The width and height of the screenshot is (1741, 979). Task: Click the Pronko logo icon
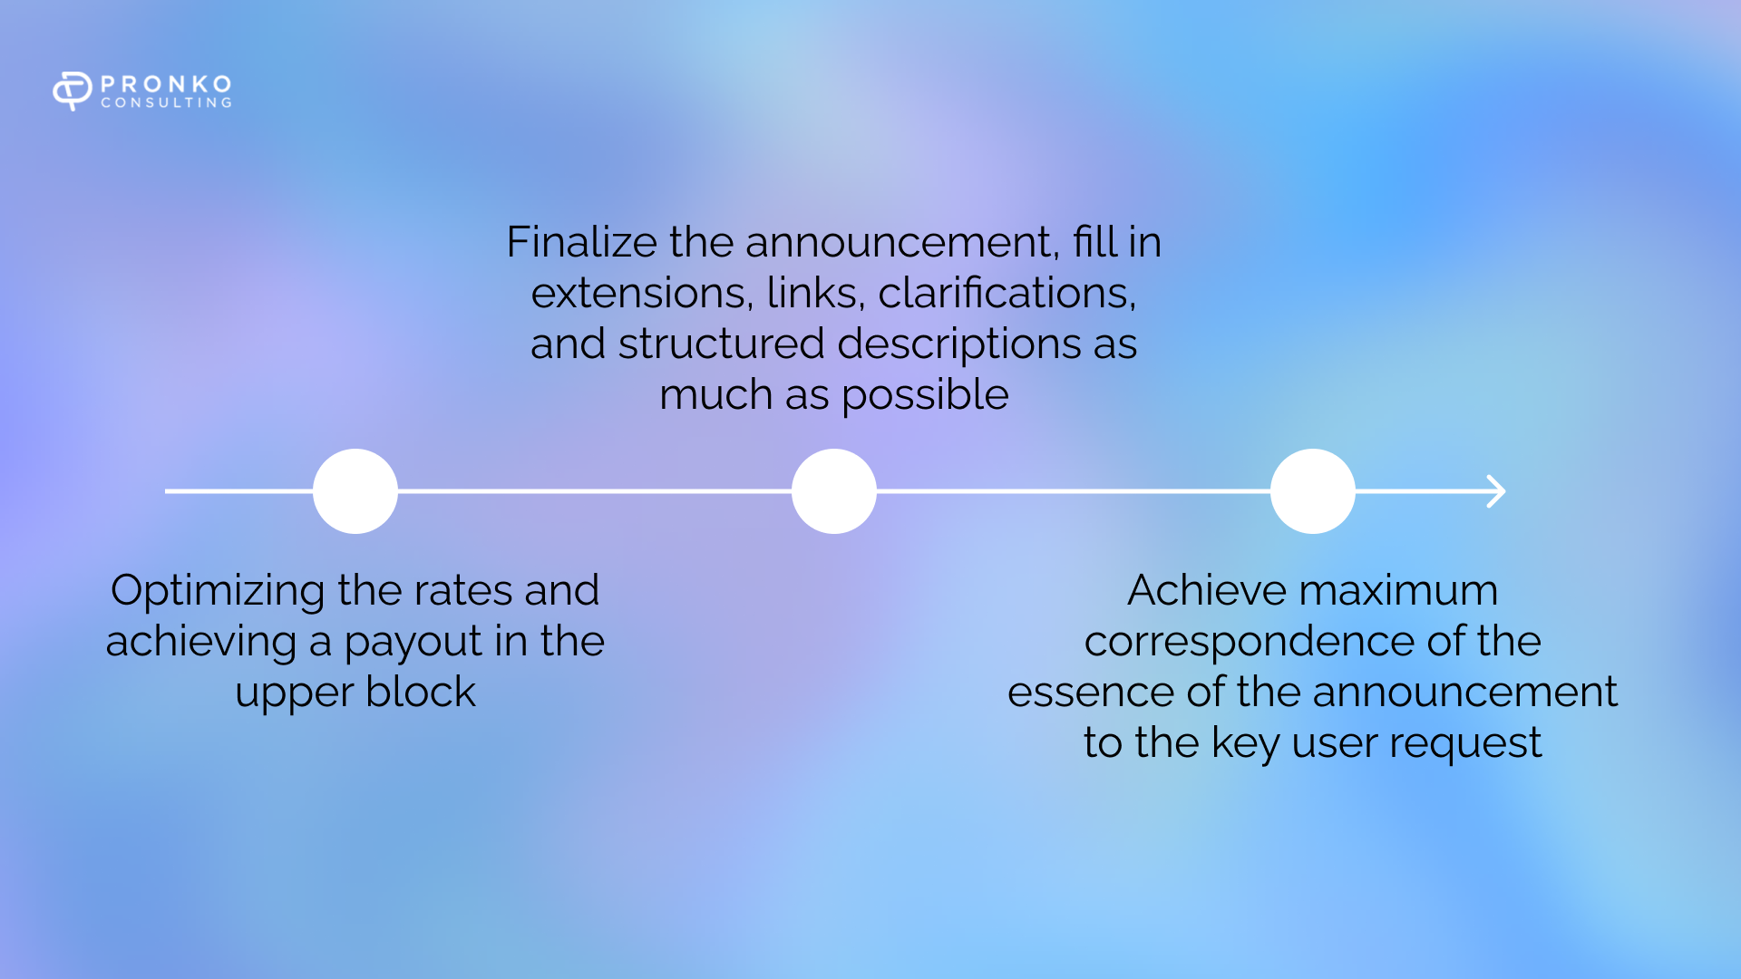click(x=73, y=91)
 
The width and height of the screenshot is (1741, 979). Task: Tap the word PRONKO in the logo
click(x=167, y=84)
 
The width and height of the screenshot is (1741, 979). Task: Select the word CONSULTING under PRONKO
click(x=167, y=103)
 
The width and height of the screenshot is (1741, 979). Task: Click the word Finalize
click(x=581, y=242)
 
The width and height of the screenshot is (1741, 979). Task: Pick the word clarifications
click(x=1007, y=294)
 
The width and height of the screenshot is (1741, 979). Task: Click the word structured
click(x=722, y=344)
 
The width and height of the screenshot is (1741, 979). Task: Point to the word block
click(x=421, y=693)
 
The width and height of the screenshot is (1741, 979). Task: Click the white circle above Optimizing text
click(x=355, y=491)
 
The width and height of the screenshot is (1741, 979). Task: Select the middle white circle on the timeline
click(x=834, y=491)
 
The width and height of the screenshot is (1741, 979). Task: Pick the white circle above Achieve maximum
click(x=1313, y=491)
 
